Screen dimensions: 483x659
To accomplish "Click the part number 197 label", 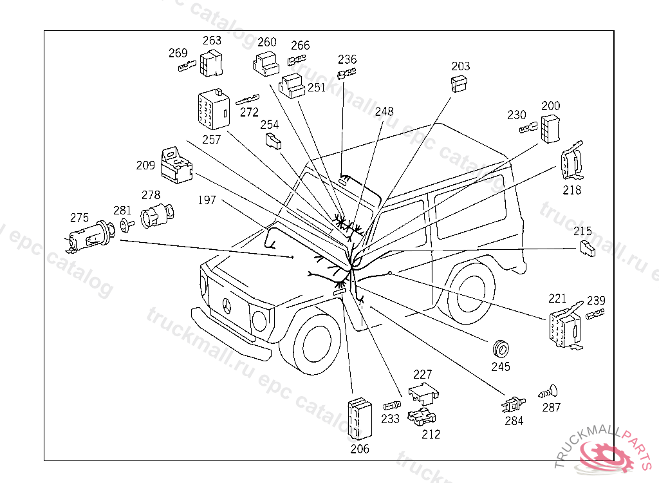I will tap(207, 201).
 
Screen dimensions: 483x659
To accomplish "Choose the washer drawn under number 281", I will tap(124, 225).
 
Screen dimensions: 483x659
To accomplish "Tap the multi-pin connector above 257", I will tap(213, 110).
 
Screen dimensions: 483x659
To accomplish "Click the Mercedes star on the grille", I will tap(226, 306).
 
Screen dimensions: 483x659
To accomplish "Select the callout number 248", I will tap(384, 111).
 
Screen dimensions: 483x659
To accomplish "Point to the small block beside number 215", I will tap(587, 249).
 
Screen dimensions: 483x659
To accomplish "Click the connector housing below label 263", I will tap(210, 62).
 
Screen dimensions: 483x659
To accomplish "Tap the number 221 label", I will tap(557, 298).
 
